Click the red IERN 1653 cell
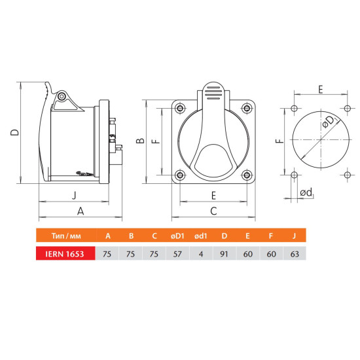65,253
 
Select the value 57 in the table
177,254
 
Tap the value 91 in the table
224,254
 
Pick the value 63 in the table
295,254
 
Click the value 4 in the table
201,254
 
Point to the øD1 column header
177,236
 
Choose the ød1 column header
201,236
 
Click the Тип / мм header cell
66,236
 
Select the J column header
294,236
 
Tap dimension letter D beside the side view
14,132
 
